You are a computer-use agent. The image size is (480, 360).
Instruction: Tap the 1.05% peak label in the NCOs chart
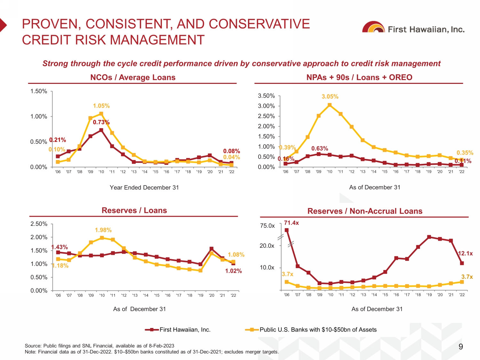[x=101, y=106]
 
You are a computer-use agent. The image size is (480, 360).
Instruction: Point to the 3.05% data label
[x=330, y=97]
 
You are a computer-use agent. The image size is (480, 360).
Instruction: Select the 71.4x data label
[x=291, y=223]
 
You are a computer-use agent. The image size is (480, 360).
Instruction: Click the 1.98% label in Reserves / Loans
[x=103, y=230]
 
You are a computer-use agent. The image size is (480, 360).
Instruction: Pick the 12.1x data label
[x=465, y=253]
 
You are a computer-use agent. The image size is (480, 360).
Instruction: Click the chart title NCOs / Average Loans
[x=133, y=77]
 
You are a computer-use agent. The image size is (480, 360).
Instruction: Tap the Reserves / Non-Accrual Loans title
[x=365, y=211]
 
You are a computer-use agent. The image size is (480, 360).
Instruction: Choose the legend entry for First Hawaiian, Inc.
[x=178, y=330]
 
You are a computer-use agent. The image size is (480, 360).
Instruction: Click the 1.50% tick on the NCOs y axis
[x=39, y=91]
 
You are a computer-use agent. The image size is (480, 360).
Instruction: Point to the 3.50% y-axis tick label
[x=266, y=96]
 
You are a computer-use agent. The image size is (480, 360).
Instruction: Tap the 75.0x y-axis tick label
[x=267, y=226]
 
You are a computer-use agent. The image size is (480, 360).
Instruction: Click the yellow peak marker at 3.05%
[x=330, y=105]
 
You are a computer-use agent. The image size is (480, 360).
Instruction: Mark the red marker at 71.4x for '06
[x=286, y=230]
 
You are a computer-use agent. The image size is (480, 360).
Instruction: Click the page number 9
[x=461, y=347]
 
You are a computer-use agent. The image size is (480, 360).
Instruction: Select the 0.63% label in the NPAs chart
[x=320, y=148]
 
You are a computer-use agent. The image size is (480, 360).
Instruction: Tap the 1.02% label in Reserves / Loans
[x=233, y=271]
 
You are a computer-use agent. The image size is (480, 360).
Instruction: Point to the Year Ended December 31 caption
[x=144, y=188]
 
